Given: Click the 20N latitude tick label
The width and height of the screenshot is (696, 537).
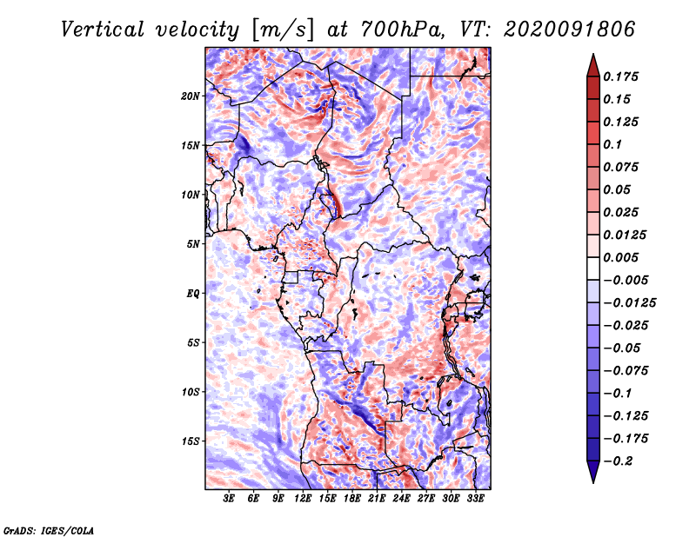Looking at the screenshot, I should pos(191,96).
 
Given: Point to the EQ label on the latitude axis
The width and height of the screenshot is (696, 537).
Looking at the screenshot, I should pos(192,293).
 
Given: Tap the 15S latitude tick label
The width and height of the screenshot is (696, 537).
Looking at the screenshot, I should pos(191,441).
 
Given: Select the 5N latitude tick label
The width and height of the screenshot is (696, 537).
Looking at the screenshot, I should pos(193,243).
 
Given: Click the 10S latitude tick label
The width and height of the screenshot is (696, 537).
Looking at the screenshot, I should pos(191,392).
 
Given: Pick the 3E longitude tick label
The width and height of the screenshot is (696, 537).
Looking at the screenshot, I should pos(230,499).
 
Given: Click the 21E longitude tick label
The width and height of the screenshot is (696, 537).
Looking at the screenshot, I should pos(377,499).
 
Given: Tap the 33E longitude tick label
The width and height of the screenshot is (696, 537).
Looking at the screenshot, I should pos(475,499).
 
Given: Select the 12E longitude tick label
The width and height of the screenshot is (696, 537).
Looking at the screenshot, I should pos(303,499).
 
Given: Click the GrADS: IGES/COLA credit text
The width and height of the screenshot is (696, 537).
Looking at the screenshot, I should pos(48,528).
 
